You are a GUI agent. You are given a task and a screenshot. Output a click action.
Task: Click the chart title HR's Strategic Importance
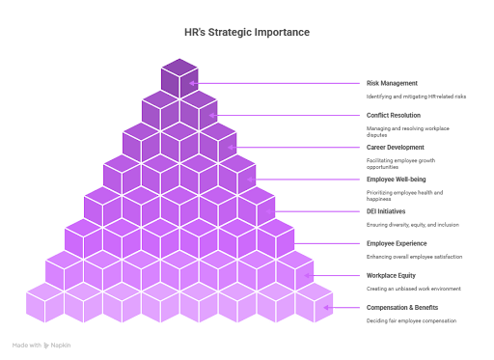(246, 32)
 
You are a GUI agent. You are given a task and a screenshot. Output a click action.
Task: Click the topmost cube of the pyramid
(179, 77)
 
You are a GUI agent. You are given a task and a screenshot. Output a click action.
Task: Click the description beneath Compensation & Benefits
(411, 320)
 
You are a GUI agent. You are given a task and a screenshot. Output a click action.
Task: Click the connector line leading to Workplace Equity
(338, 275)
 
